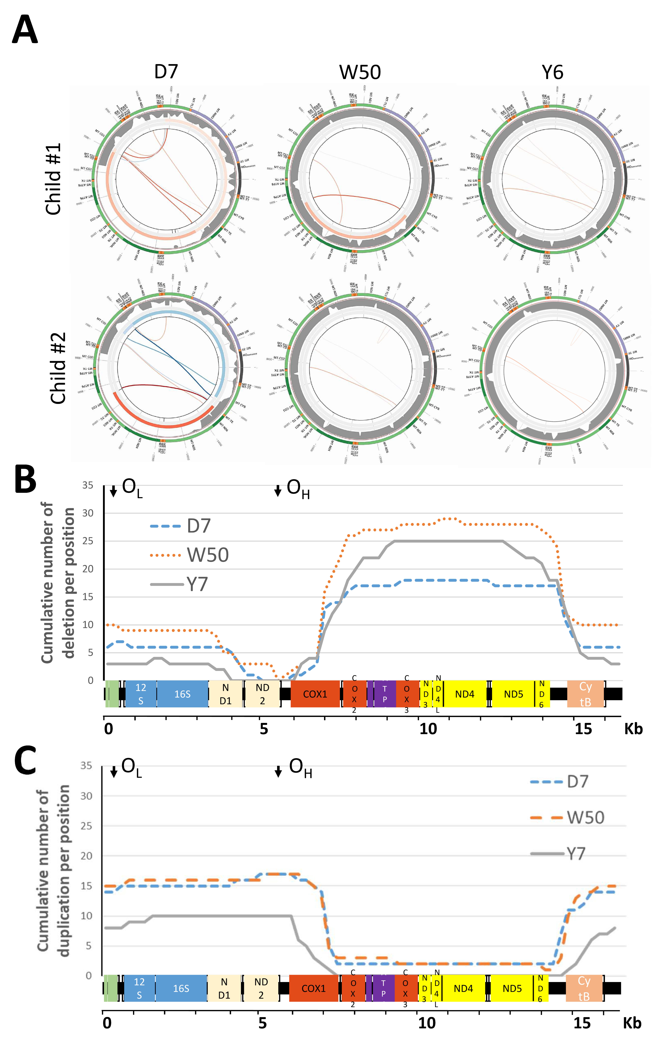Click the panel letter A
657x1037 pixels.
point(25,29)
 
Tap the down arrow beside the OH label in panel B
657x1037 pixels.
point(278,490)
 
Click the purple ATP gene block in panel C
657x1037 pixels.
point(383,988)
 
